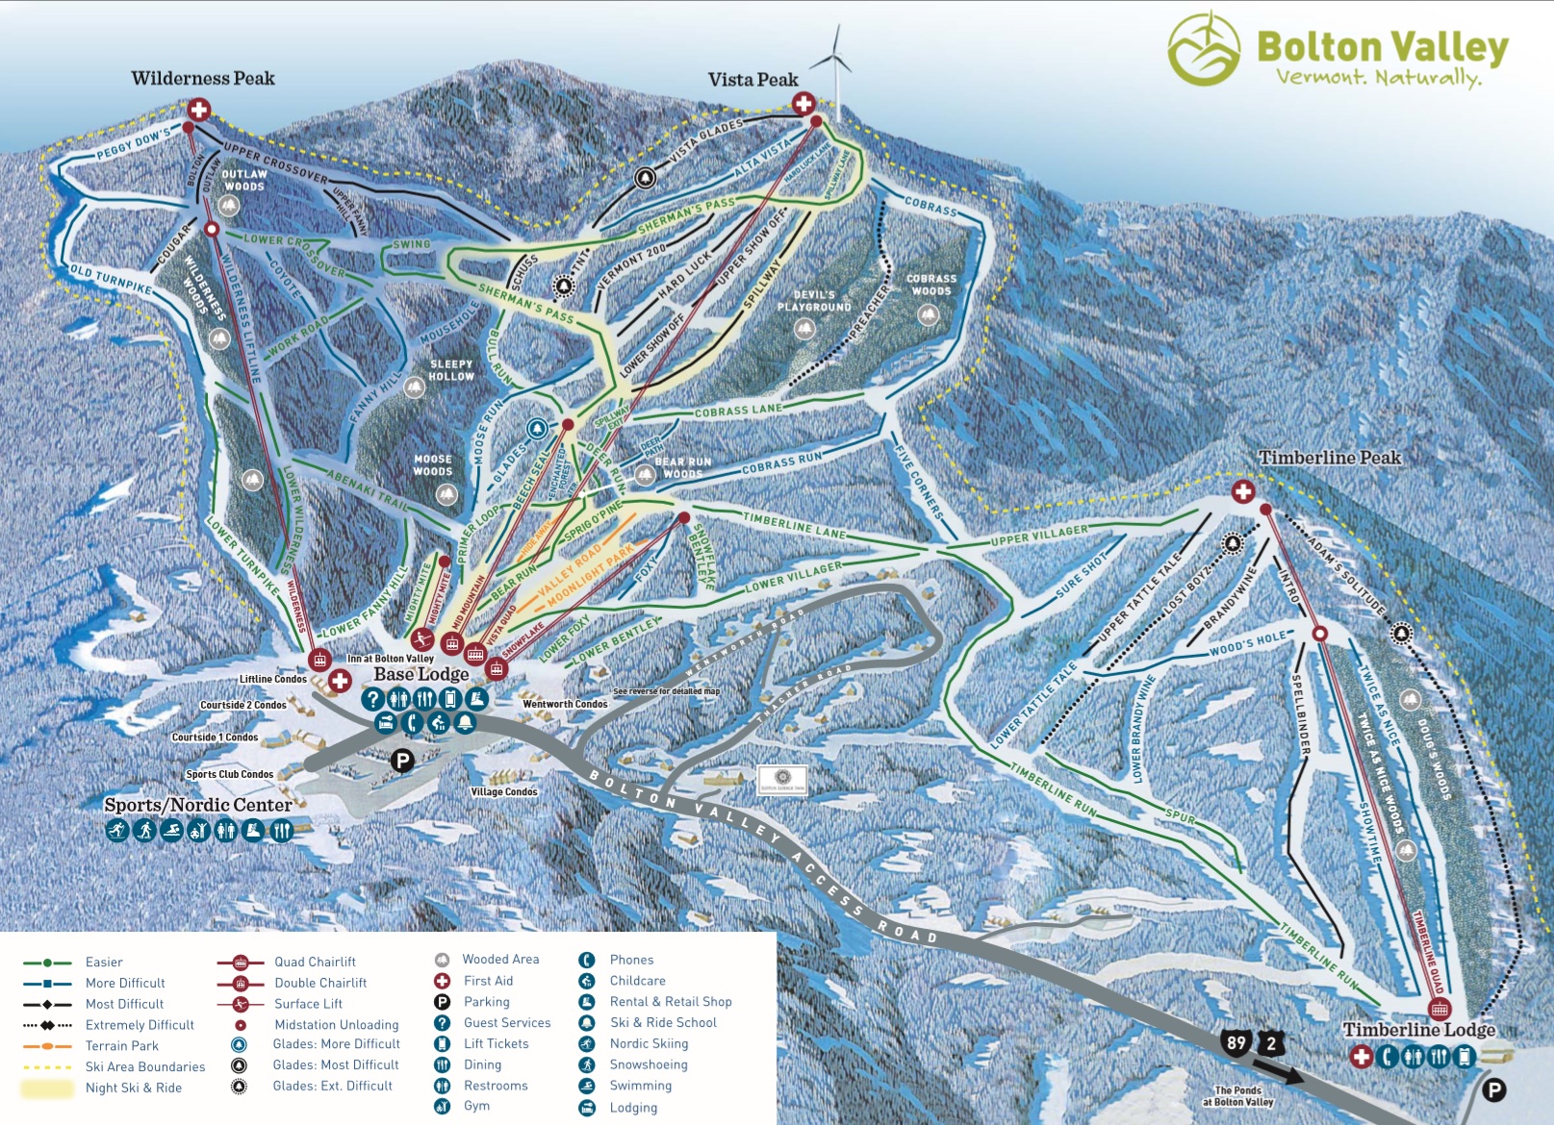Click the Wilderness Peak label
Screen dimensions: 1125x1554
203,79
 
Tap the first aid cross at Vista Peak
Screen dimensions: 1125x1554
803,104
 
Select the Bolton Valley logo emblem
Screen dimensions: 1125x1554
1204,50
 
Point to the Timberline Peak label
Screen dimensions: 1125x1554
1330,458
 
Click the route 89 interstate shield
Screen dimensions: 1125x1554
1236,1042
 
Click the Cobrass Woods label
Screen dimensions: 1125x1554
931,285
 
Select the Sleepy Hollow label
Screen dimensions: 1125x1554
451,370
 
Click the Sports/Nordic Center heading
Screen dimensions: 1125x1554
197,805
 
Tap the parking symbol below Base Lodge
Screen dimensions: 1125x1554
402,762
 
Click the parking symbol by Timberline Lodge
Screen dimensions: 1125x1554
1493,1089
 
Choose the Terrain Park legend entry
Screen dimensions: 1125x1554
122,1046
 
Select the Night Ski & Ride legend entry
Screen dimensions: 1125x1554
133,1087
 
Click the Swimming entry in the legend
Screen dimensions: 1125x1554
640,1086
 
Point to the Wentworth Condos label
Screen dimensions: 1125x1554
565,704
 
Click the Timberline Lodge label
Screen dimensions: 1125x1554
1418,1030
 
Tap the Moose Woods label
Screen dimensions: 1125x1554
433,465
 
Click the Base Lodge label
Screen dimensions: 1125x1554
420,674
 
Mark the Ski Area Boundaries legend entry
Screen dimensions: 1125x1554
144,1066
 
